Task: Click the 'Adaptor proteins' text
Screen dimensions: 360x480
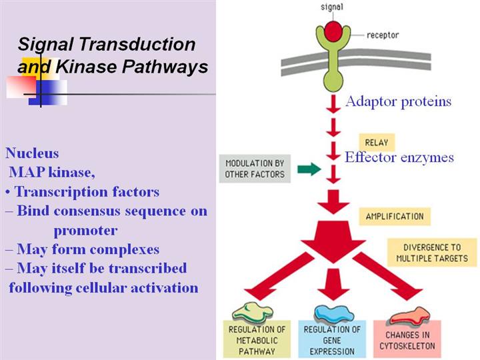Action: [x=398, y=101]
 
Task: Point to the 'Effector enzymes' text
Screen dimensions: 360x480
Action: [x=399, y=158]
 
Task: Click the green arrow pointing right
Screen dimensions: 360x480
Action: [x=307, y=169]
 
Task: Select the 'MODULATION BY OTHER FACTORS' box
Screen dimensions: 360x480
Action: [x=255, y=169]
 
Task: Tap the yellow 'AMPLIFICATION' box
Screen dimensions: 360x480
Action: [x=394, y=216]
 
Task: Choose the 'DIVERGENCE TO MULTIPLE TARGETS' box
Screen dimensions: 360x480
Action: [x=431, y=252]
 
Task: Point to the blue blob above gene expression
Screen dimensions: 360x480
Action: [x=335, y=311]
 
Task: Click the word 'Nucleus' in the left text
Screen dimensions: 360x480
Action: [x=32, y=153]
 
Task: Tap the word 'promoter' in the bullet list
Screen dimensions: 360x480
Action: [x=85, y=231]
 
